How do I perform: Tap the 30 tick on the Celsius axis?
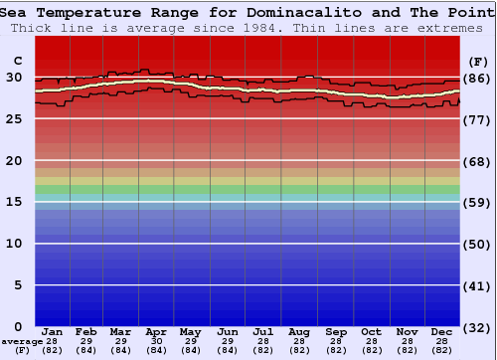(14, 77)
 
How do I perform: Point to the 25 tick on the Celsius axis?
(14, 118)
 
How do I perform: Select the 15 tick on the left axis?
(14, 202)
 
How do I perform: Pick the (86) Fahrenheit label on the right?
(477, 78)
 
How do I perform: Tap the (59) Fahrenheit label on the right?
(477, 203)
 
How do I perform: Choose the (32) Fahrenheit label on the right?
(477, 327)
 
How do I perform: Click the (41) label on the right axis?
(477, 286)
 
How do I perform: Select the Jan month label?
(53, 332)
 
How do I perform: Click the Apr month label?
(156, 332)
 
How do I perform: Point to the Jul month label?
(263, 332)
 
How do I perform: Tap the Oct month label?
(371, 332)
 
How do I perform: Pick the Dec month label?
(442, 332)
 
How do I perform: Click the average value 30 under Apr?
(156, 341)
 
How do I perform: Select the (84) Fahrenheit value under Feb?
(86, 350)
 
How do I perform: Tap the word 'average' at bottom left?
(22, 341)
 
